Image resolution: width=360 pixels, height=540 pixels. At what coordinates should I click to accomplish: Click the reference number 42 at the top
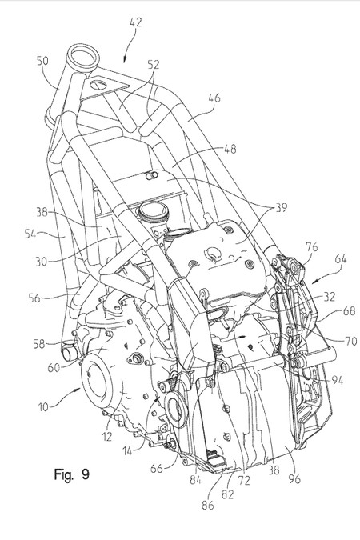[136, 22]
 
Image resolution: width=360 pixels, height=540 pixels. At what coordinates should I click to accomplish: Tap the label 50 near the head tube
[42, 61]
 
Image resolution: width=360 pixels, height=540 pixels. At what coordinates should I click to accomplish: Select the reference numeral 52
[154, 64]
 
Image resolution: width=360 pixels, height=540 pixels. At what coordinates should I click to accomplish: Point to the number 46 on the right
[214, 98]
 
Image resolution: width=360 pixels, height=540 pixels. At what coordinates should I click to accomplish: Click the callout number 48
[230, 149]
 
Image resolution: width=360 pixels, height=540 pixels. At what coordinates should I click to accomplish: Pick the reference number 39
[281, 208]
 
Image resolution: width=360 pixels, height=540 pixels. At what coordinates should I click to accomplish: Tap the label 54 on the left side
[31, 234]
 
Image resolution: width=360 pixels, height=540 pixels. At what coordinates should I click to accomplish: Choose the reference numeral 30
[42, 262]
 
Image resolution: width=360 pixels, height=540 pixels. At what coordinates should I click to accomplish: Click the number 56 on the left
[35, 298]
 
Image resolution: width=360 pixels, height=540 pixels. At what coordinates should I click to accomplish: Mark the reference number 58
[40, 343]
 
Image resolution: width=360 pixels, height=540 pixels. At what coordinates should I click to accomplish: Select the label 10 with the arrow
[44, 406]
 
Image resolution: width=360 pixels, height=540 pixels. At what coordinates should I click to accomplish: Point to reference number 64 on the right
[341, 258]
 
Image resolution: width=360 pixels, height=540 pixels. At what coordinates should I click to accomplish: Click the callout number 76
[312, 247]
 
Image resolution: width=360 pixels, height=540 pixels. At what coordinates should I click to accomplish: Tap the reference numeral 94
[337, 380]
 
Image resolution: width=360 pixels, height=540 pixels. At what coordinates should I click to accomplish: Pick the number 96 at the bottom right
[294, 478]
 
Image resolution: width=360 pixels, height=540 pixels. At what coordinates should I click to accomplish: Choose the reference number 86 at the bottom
[208, 505]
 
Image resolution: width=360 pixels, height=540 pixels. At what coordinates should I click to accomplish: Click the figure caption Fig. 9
[72, 474]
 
